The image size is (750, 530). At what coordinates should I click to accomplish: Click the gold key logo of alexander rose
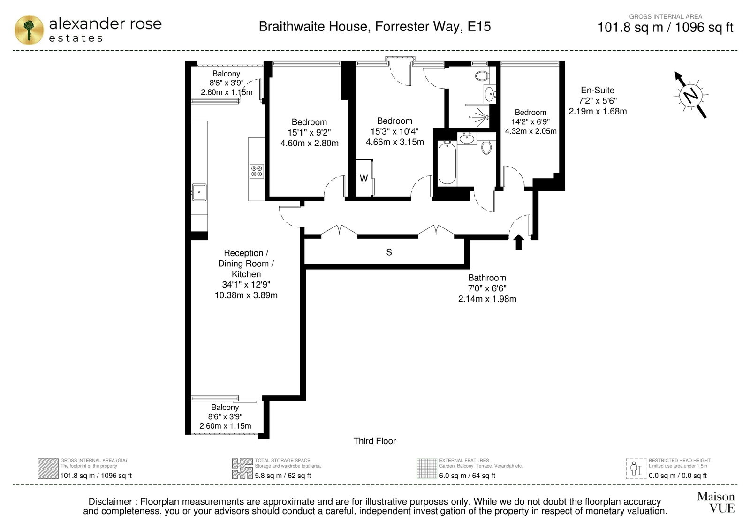coord(29,30)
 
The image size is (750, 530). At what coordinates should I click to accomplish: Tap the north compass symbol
coord(691,95)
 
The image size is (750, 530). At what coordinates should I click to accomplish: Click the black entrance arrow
coord(519,242)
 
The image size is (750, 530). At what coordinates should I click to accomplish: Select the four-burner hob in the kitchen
coord(257,171)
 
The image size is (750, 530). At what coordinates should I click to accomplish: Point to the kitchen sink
coord(199,192)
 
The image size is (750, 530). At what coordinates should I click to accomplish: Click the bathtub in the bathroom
coord(447,162)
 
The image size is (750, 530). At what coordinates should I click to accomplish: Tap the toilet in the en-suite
coord(482,76)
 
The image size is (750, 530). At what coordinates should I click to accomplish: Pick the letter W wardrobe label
coord(364,178)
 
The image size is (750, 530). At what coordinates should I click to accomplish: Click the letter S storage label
coord(389,252)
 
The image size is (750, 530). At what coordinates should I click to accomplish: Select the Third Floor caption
coord(375,441)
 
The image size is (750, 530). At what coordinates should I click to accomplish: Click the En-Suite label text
coord(598,90)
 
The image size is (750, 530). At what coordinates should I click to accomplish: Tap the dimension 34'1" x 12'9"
coord(246,285)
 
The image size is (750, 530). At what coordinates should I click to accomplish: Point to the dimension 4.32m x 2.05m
coord(530,131)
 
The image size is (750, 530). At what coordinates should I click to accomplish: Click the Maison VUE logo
coord(716,502)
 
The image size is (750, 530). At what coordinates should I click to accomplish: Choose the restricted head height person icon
coord(636,469)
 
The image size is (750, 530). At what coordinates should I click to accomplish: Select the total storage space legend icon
coord(242,469)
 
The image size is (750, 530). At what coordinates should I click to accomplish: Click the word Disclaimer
coord(110,501)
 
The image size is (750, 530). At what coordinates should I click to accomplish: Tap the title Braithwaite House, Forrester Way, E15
coord(375,26)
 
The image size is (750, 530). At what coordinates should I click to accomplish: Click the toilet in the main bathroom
coord(486,147)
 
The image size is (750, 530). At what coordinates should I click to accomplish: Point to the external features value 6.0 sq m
coord(451,476)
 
